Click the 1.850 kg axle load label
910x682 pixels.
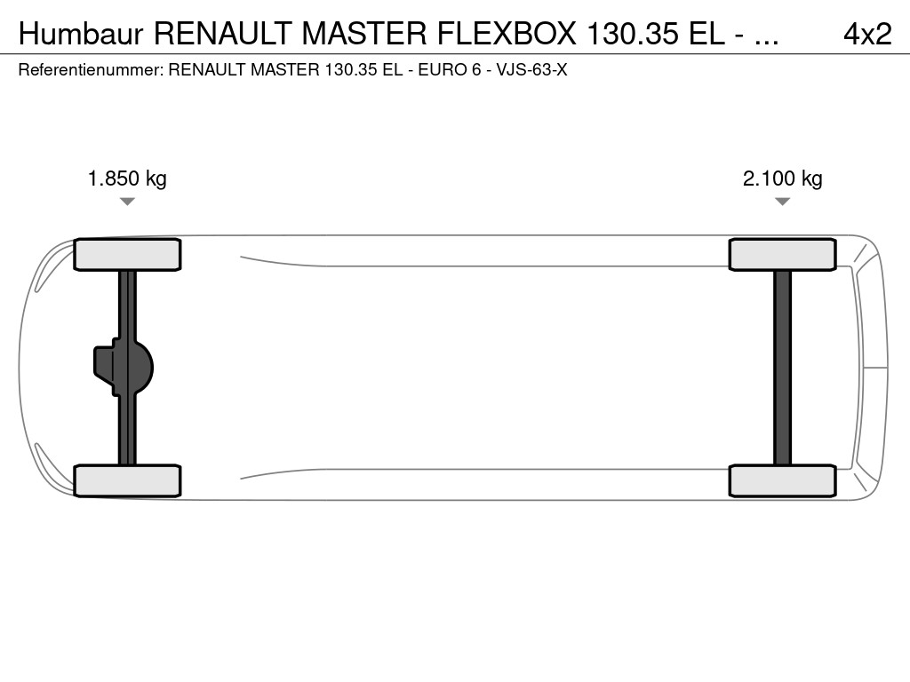(127, 178)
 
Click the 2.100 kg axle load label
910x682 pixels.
(782, 178)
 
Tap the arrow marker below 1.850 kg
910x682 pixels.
(127, 202)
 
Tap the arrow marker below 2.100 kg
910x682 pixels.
(782, 202)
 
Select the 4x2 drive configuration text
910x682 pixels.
(866, 34)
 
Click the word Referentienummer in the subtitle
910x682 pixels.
(90, 69)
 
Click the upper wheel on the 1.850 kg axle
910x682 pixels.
(127, 255)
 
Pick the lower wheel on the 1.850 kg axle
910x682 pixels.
(127, 480)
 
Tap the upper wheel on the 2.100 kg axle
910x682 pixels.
(782, 255)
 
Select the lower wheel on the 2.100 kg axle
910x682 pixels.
(782, 480)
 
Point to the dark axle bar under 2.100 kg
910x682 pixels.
(782, 368)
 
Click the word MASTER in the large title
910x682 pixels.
(364, 34)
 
